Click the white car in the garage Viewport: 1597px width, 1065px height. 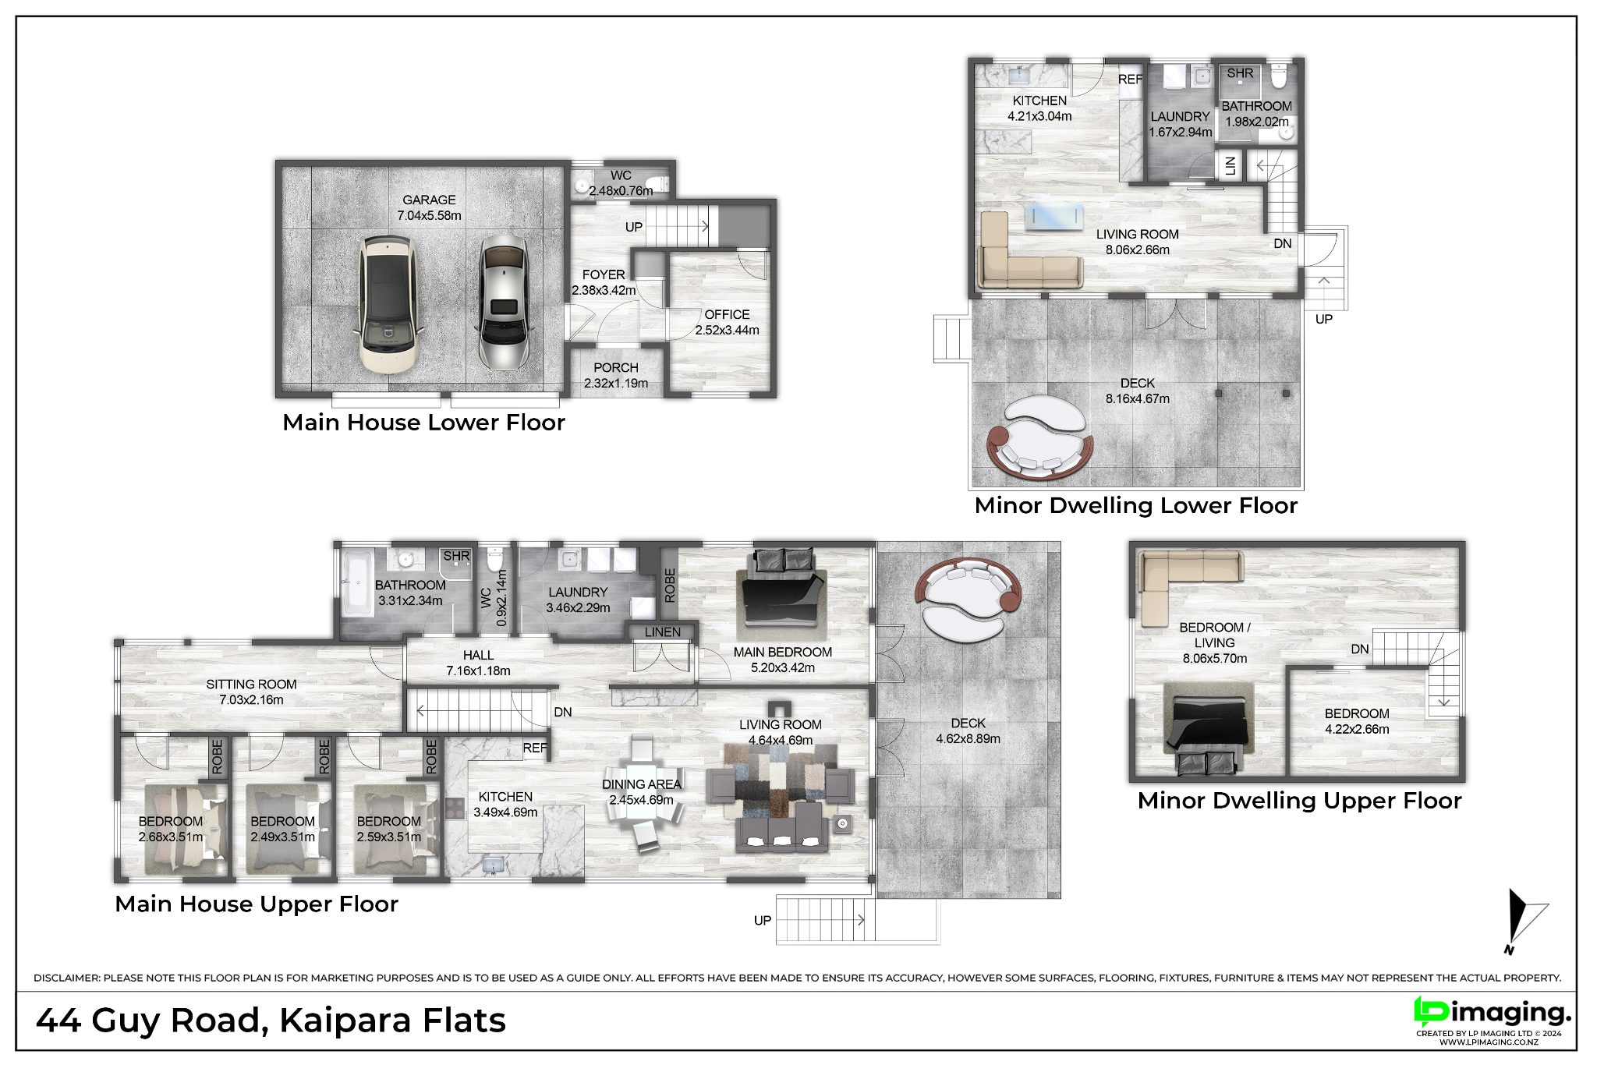click(388, 304)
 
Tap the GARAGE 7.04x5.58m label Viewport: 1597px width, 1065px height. click(429, 207)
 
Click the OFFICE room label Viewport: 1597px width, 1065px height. click(727, 314)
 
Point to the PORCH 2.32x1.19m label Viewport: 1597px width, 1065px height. click(616, 375)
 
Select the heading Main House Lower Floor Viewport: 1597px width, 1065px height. click(423, 423)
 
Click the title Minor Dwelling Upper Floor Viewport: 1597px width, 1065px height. click(1299, 801)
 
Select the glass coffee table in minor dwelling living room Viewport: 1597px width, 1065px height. click(1053, 218)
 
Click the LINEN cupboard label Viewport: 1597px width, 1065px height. click(663, 632)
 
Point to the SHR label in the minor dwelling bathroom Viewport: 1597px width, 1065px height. click(1240, 73)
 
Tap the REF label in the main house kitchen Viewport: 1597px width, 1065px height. click(535, 748)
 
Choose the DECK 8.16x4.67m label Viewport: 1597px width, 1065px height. click(1138, 391)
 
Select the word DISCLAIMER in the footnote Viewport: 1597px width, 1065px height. click(66, 978)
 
